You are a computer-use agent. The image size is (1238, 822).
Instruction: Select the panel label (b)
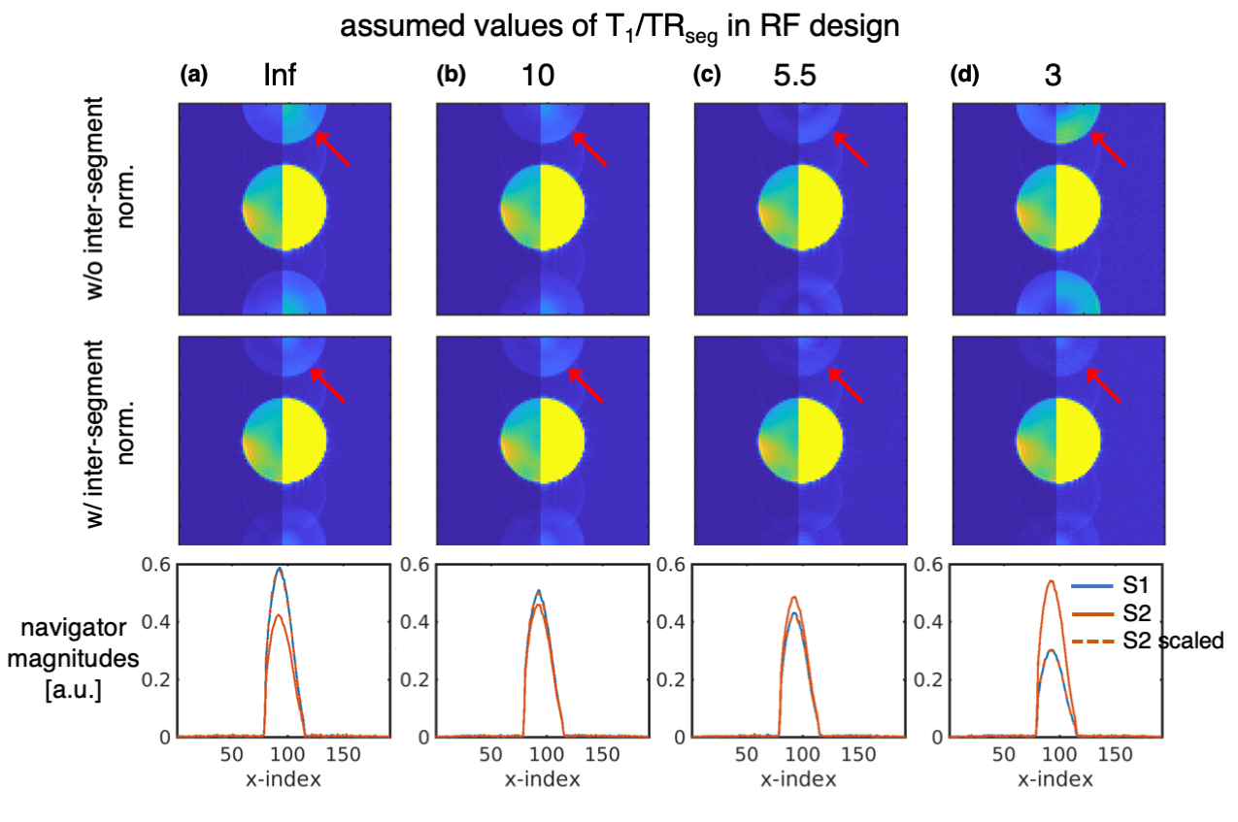click(x=452, y=75)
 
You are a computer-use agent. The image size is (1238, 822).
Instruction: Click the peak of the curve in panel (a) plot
click(x=280, y=569)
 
